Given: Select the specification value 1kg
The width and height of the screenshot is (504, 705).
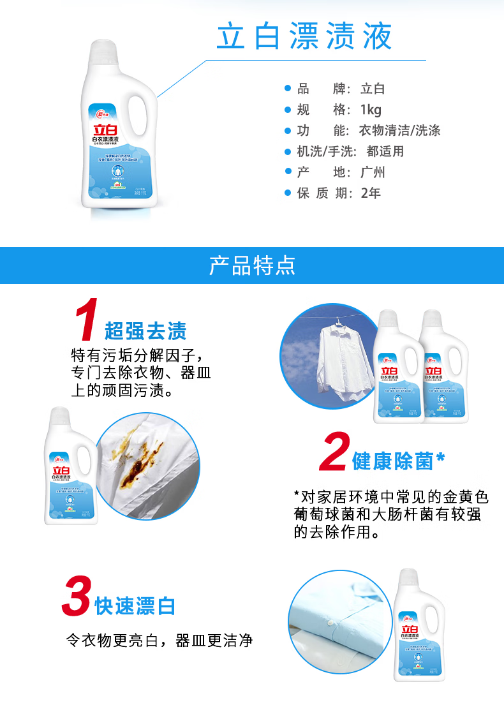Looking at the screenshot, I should [370, 110].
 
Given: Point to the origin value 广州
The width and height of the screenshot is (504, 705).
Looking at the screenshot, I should [373, 172].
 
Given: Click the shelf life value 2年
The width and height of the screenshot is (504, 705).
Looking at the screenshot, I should [371, 193].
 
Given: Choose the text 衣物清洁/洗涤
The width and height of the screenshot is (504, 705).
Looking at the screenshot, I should [400, 131].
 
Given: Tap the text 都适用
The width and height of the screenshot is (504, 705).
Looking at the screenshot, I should [385, 152].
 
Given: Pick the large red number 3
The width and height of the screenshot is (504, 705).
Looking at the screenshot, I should [75, 597].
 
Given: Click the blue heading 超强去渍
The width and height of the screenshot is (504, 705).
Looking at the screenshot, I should [145, 331].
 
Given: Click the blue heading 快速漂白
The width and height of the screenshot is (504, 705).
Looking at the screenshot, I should [135, 606].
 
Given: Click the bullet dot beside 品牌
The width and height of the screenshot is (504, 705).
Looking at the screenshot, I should [287, 88].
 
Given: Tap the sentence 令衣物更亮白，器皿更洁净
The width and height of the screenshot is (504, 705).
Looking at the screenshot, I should [159, 640].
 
